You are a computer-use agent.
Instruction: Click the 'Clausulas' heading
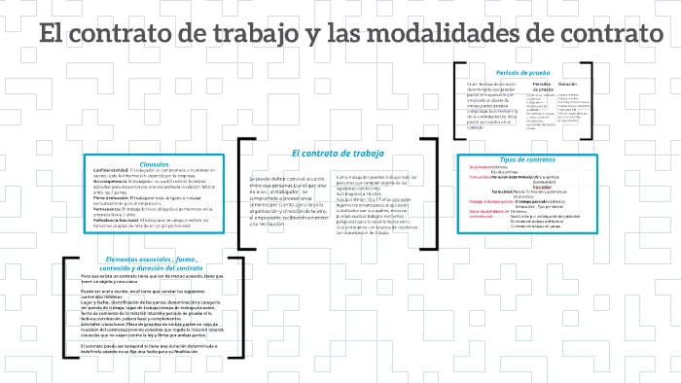155,163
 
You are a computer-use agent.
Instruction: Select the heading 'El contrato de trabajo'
338,154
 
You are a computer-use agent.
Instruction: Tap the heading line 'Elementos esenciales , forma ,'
154,260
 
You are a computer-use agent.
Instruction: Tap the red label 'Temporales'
480,176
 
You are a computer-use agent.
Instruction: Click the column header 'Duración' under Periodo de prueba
567,85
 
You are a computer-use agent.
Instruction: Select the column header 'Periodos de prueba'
543,88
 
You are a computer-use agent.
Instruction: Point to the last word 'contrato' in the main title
602,35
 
